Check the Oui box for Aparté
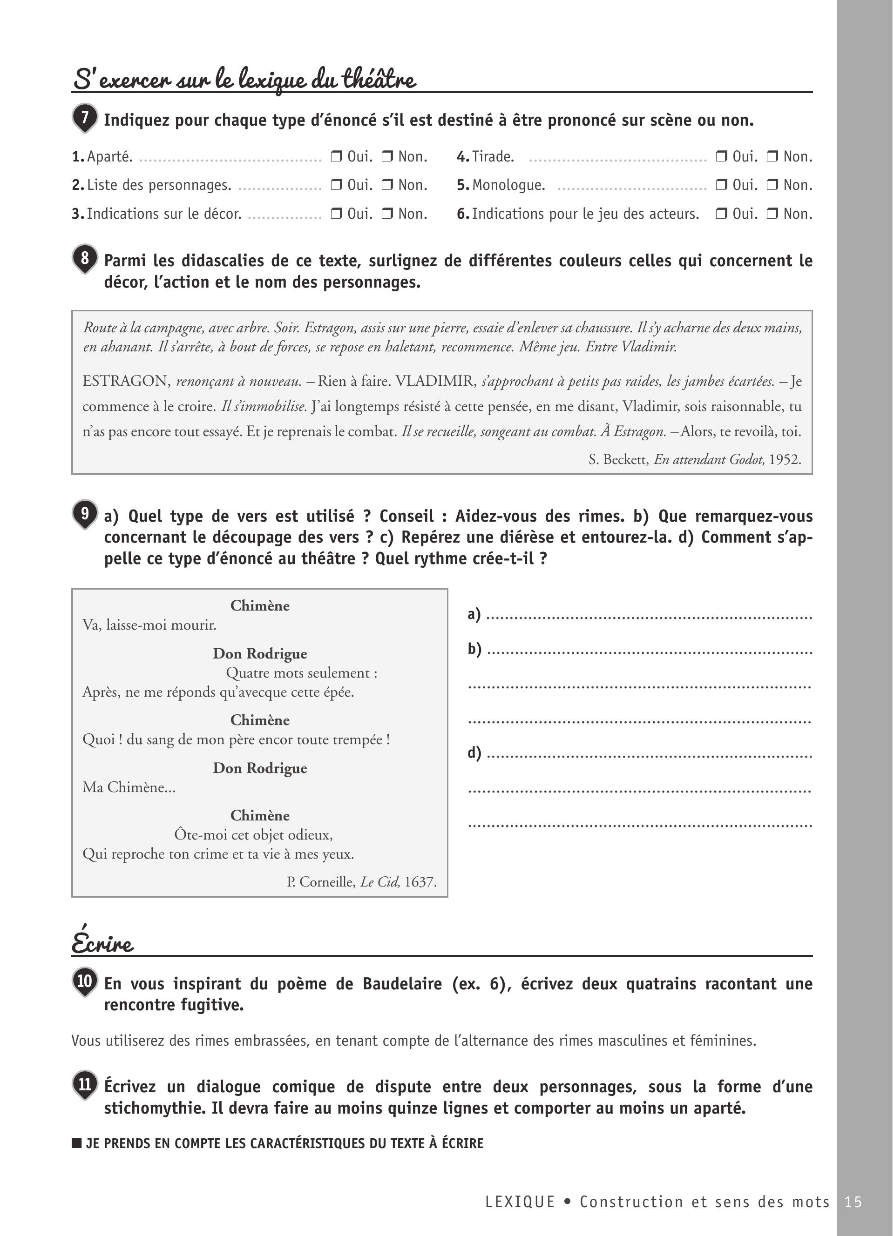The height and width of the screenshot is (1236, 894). [336, 157]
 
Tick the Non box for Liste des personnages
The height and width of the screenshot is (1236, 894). [387, 185]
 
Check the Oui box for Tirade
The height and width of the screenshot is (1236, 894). [721, 157]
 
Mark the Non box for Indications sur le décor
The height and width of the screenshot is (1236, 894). [387, 214]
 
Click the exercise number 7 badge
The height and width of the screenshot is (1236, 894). [84, 117]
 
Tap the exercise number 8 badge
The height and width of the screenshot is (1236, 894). [84, 258]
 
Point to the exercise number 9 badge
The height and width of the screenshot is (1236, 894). [84, 513]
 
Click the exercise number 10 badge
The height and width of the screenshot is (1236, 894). [84, 981]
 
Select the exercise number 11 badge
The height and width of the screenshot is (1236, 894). [84, 1084]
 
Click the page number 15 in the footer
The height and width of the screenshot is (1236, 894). [853, 1202]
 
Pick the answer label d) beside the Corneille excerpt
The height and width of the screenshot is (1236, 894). [474, 752]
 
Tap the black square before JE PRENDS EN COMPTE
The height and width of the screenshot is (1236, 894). [77, 1143]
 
